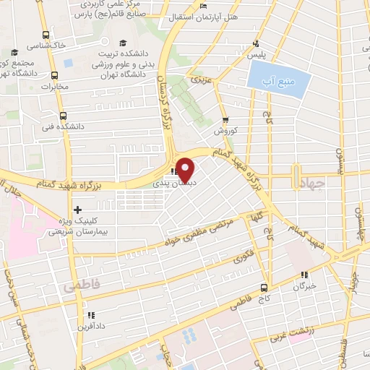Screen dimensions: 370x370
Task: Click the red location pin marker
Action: tap(186, 169)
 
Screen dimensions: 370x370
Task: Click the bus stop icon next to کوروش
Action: tap(226, 121)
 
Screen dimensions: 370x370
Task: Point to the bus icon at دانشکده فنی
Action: tap(64, 115)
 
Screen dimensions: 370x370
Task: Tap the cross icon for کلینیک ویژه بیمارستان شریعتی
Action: tap(77, 210)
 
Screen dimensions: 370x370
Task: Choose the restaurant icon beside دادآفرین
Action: tap(90, 315)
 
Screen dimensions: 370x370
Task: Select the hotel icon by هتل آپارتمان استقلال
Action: tap(204, 7)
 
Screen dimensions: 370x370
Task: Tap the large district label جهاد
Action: tap(312, 185)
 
